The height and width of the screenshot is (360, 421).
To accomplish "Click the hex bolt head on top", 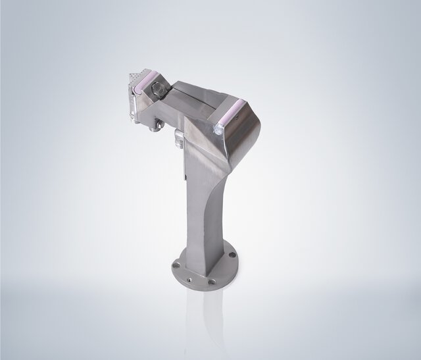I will (x=159, y=87).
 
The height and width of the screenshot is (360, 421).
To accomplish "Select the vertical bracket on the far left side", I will (x=134, y=105).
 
